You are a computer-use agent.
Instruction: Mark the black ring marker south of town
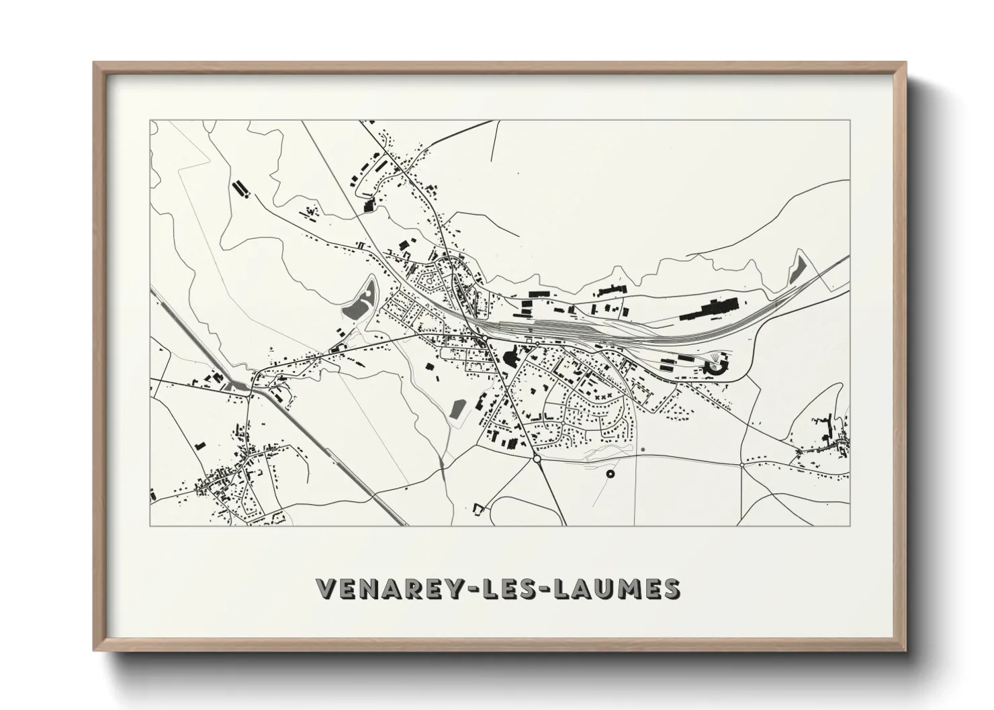611,474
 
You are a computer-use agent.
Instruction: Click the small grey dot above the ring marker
643,449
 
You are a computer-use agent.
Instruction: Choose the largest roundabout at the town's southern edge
537,459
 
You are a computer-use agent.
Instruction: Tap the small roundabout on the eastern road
741,464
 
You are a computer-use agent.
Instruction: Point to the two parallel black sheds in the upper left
240,189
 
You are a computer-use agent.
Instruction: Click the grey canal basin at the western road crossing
238,385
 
